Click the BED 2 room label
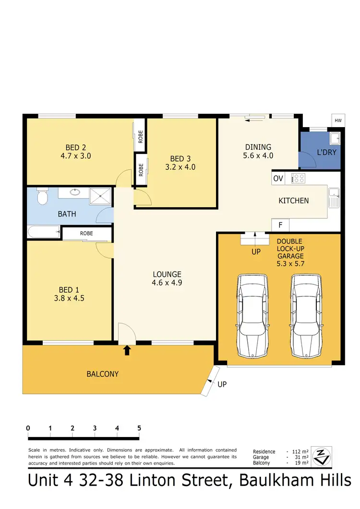76,147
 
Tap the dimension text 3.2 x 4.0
180,167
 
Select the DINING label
258,147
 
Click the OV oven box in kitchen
278,178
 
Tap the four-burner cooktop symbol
298,178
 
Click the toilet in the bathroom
42,197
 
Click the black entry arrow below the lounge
127,350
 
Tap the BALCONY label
102,374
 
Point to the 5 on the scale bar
139,428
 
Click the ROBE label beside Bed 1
86,233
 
